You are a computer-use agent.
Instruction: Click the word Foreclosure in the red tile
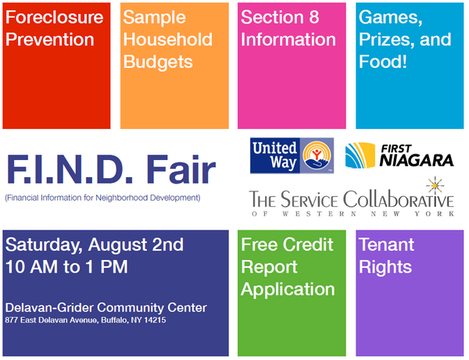(52, 16)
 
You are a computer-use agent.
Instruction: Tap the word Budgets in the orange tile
(156, 61)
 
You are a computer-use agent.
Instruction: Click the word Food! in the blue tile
(383, 61)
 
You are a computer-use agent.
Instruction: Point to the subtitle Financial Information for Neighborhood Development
(102, 197)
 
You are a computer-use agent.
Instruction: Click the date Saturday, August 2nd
(95, 244)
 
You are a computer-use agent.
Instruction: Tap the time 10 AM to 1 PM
(66, 266)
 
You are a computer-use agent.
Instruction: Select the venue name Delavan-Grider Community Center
(106, 308)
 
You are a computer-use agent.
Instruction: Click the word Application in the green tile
(288, 289)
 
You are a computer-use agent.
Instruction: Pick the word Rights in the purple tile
(385, 267)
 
